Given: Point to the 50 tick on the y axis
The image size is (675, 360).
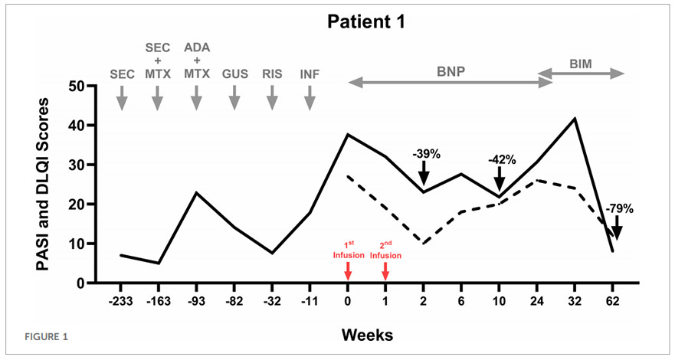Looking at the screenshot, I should (x=78, y=86).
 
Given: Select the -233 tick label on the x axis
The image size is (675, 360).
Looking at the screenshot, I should (x=121, y=300).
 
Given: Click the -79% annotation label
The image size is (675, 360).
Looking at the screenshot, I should (x=618, y=208).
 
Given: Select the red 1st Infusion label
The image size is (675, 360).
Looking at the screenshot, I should (x=348, y=249).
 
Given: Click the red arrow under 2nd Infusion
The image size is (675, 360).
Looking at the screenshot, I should (x=385, y=271).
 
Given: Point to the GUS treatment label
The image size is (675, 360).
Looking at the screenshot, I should (x=234, y=74).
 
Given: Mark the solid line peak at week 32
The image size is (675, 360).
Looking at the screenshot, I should (x=575, y=119).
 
